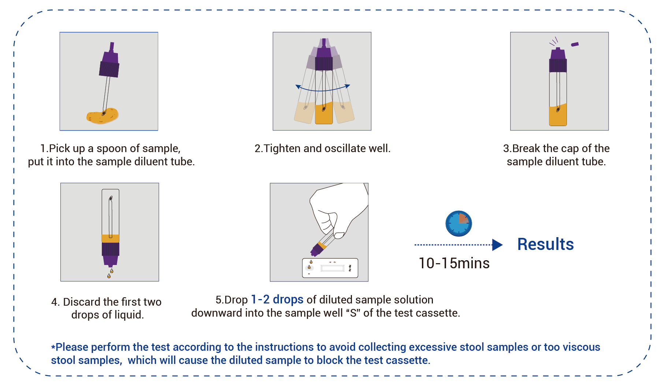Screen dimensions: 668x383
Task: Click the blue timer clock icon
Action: click(x=459, y=223)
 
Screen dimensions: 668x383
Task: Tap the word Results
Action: click(x=545, y=244)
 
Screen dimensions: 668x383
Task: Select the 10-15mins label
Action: click(x=454, y=263)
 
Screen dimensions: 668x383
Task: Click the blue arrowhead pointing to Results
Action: click(x=497, y=245)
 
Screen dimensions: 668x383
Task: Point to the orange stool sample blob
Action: click(x=102, y=116)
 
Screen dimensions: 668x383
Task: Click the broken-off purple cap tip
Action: click(x=575, y=44)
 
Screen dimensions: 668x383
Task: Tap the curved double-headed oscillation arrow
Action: click(x=323, y=88)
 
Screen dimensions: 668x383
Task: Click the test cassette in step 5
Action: click(x=330, y=268)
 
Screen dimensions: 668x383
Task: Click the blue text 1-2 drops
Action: click(x=277, y=299)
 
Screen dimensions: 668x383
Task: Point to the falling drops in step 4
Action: click(x=110, y=273)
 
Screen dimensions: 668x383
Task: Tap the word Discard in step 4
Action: click(x=82, y=302)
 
